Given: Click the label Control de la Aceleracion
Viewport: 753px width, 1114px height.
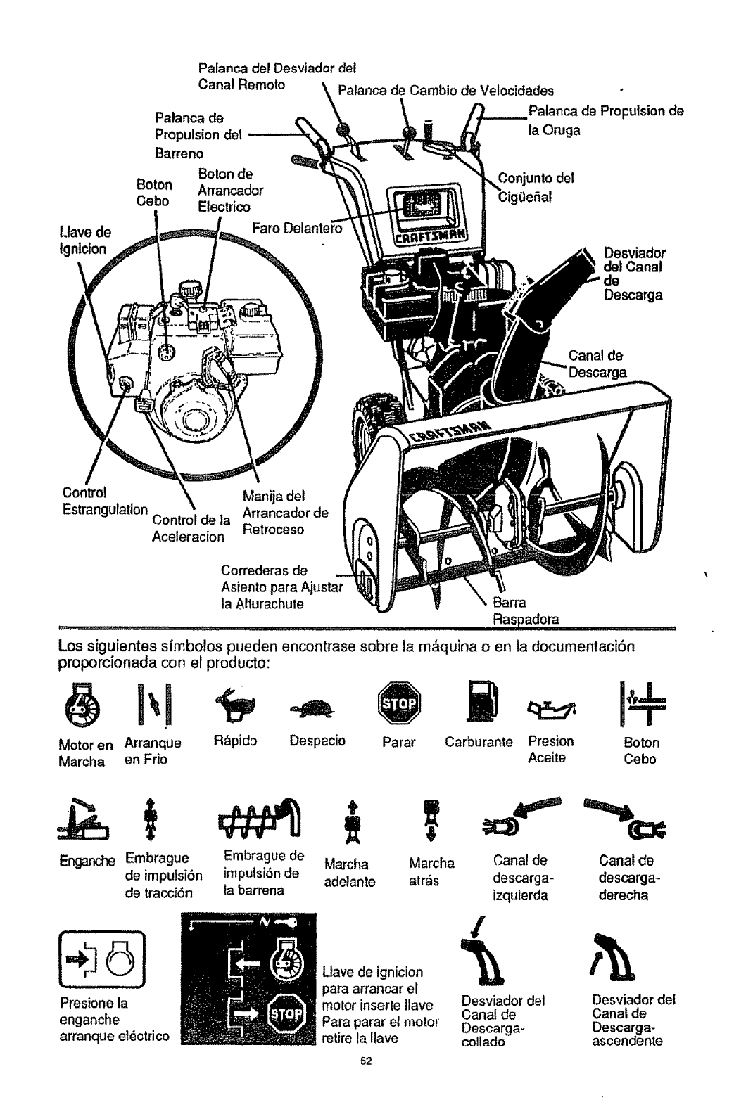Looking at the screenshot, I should (189, 527).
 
